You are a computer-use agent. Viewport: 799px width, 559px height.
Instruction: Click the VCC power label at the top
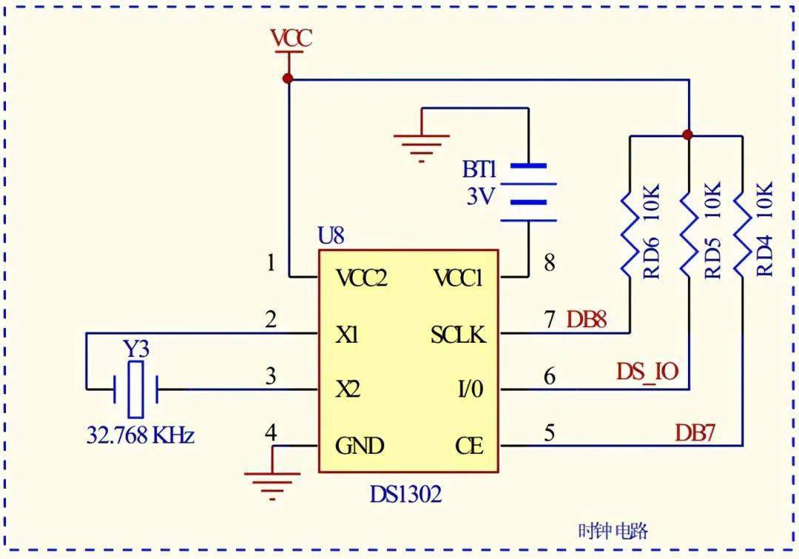(291, 39)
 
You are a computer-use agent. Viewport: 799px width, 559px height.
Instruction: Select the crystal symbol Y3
(135, 390)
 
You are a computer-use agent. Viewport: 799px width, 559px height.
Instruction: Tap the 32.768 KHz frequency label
(140, 436)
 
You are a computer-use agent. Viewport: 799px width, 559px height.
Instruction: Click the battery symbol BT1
(528, 193)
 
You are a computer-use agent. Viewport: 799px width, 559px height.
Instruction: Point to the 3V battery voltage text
(480, 196)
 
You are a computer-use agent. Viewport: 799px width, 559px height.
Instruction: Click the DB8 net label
(587, 321)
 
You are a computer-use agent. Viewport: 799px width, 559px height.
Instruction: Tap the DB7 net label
(695, 433)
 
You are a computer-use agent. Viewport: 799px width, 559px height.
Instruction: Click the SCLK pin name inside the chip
(458, 335)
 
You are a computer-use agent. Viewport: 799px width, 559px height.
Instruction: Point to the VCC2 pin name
(362, 278)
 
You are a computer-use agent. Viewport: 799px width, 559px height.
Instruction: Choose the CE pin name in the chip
(469, 446)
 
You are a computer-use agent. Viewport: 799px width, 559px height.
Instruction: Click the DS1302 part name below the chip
(405, 494)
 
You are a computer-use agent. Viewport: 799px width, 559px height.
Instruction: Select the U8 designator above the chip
(331, 235)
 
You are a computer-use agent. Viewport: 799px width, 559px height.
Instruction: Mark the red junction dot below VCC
(288, 78)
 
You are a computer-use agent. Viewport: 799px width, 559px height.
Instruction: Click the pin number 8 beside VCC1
(549, 264)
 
